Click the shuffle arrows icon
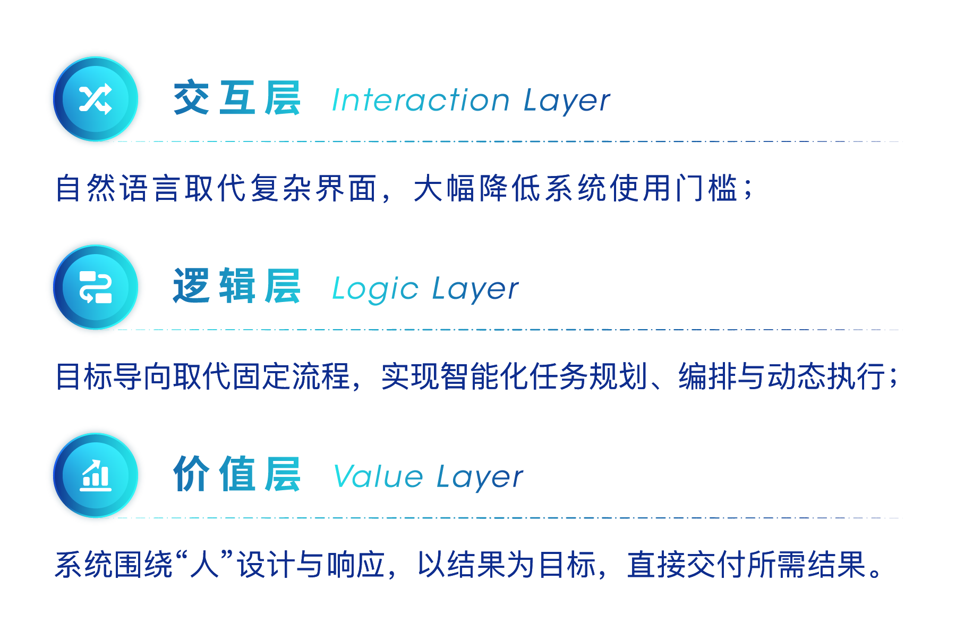[96, 99]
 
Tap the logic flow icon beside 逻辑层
[96, 287]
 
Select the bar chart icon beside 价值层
[96, 475]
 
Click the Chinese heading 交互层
[237, 99]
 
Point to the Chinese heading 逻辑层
[237, 287]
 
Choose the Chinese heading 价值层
[237, 474]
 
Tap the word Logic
[375, 289]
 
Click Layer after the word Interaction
[567, 101]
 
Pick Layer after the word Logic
[475, 290]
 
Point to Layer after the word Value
[480, 477]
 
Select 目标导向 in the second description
[114, 376]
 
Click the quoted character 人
[205, 564]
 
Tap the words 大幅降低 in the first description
[478, 188]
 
